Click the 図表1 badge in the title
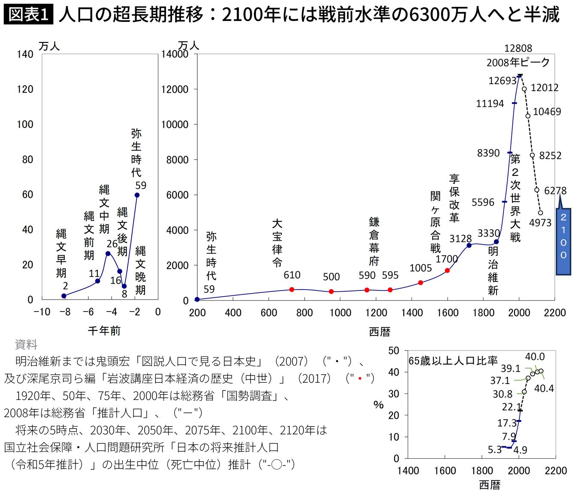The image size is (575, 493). pyautogui.click(x=28, y=14)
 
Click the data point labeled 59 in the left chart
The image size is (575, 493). pyautogui.click(x=137, y=195)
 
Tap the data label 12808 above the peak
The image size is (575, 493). pyautogui.click(x=518, y=48)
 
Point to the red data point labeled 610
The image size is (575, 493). pyautogui.click(x=292, y=290)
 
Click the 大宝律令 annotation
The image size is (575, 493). pyautogui.click(x=277, y=243)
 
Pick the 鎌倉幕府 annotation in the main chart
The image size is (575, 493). pyautogui.click(x=374, y=242)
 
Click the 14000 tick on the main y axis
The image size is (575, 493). pyautogui.click(x=175, y=54)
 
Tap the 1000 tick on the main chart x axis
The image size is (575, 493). pyautogui.click(x=340, y=312)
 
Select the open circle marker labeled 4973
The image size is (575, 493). pyautogui.click(x=540, y=213)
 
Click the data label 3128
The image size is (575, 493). pyautogui.click(x=460, y=239)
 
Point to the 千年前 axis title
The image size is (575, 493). pyautogui.click(x=104, y=330)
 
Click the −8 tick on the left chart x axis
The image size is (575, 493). pyautogui.click(x=65, y=312)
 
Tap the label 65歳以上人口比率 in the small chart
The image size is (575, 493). pyautogui.click(x=452, y=361)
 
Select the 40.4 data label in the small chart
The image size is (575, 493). pyautogui.click(x=544, y=388)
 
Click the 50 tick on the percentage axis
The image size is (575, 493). pyautogui.click(x=393, y=351)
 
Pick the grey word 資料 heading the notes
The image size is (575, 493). pyautogui.click(x=26, y=344)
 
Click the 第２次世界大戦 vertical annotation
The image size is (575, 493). pyautogui.click(x=515, y=198)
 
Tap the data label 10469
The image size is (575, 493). pyautogui.click(x=547, y=112)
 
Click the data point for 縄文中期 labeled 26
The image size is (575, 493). pyautogui.click(x=108, y=254)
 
